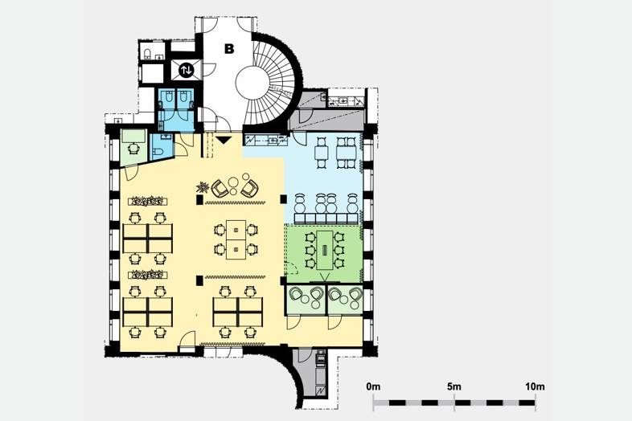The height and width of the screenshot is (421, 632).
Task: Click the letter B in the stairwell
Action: point(229,49)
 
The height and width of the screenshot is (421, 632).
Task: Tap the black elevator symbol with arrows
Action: point(186,71)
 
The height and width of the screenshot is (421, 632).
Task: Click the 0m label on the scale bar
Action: point(373,386)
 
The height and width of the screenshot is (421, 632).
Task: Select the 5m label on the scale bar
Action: point(454,386)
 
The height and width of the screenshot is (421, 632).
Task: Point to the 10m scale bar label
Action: point(535,386)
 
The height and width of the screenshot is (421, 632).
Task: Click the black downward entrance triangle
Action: point(224,140)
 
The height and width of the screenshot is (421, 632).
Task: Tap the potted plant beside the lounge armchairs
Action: point(203,187)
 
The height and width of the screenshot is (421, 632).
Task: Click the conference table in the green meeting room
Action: point(325,250)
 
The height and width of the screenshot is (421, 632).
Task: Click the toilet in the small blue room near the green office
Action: point(158,152)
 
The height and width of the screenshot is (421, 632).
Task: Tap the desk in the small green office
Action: point(133,136)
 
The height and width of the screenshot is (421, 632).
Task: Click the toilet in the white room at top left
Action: point(147,54)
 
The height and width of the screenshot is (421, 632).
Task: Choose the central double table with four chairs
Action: point(236,239)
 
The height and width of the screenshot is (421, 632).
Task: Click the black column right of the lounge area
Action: point(283,199)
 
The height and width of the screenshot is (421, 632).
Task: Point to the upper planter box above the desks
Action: point(148,200)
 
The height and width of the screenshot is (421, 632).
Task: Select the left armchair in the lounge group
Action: point(220,187)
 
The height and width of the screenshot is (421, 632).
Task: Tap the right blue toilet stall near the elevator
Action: point(184,99)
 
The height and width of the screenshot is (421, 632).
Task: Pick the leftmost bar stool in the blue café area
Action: point(300,204)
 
